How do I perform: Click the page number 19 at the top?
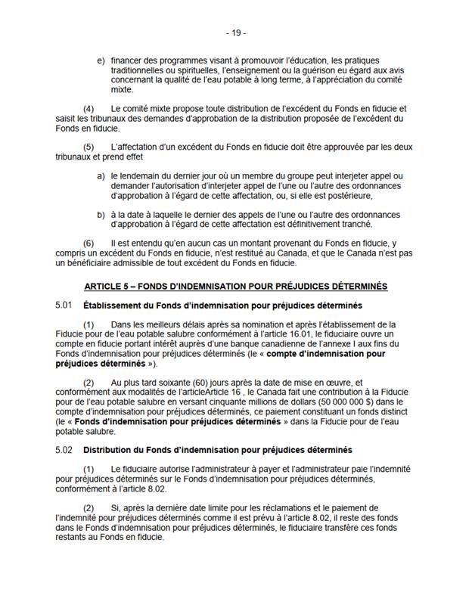point(236,33)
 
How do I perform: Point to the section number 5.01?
point(64,305)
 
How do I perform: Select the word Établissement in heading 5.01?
point(113,305)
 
